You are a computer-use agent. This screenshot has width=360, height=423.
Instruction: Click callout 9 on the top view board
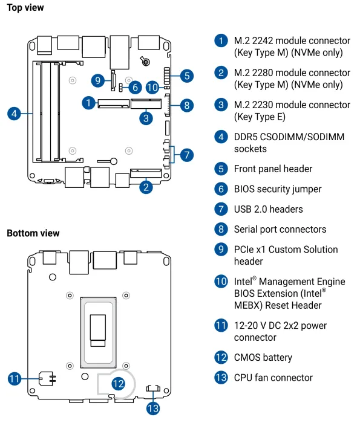point(98,80)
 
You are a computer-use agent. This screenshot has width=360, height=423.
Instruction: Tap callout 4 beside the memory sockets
point(14,114)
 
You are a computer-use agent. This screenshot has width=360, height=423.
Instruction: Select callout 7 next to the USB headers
point(186,155)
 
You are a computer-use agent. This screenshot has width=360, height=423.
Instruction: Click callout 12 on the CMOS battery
point(118,384)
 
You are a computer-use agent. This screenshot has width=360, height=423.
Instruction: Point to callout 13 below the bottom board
point(153,408)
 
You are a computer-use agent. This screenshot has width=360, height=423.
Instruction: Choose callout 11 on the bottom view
point(15,378)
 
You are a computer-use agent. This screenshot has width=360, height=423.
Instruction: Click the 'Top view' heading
point(25,8)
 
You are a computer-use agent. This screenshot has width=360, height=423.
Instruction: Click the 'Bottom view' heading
point(33,233)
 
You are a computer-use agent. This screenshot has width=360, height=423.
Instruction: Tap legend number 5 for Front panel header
point(221,169)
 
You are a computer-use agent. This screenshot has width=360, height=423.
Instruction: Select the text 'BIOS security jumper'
point(278,189)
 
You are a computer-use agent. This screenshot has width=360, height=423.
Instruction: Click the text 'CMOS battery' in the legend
point(263,358)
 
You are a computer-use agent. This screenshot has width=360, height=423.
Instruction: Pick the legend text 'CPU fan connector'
point(273,378)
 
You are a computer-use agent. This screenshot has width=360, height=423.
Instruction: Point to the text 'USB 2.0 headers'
point(269,209)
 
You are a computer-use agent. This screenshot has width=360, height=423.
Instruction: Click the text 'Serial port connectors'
point(280,229)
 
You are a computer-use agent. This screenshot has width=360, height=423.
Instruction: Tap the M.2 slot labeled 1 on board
point(113,103)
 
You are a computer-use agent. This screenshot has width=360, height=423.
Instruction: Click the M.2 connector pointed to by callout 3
point(146,103)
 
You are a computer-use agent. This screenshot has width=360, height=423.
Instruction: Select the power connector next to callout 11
point(47,378)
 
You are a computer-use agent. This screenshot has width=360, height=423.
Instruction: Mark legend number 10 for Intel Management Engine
point(221,282)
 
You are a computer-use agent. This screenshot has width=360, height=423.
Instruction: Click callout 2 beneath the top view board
point(146,187)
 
